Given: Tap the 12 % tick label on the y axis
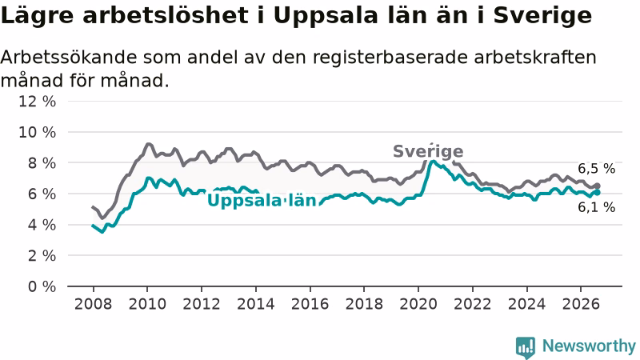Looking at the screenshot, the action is point(37,102).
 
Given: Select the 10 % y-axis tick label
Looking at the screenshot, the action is point(37,132).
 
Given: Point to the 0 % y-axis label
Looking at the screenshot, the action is point(42,286).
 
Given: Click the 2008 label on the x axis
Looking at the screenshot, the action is point(93,304).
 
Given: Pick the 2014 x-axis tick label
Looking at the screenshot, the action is point(256,304).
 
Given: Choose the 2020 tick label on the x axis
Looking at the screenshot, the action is point(418,304).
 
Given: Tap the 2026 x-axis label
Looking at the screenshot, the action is point(581,304).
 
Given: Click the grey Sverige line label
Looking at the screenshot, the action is point(428,151).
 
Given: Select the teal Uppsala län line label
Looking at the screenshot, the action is point(262,201).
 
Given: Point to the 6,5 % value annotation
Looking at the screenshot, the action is point(596,169).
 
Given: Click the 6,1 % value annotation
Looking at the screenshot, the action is point(596,207).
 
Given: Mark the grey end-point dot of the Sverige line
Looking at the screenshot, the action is point(597,186).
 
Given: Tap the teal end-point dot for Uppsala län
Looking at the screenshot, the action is point(597,192).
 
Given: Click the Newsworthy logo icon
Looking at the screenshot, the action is point(526,347).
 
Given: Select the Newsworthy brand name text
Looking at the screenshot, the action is point(589,346).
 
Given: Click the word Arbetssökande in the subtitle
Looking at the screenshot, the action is point(69,57).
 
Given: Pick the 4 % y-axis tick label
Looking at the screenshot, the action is point(42,225).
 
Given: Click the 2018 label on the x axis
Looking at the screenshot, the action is point(364,304).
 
